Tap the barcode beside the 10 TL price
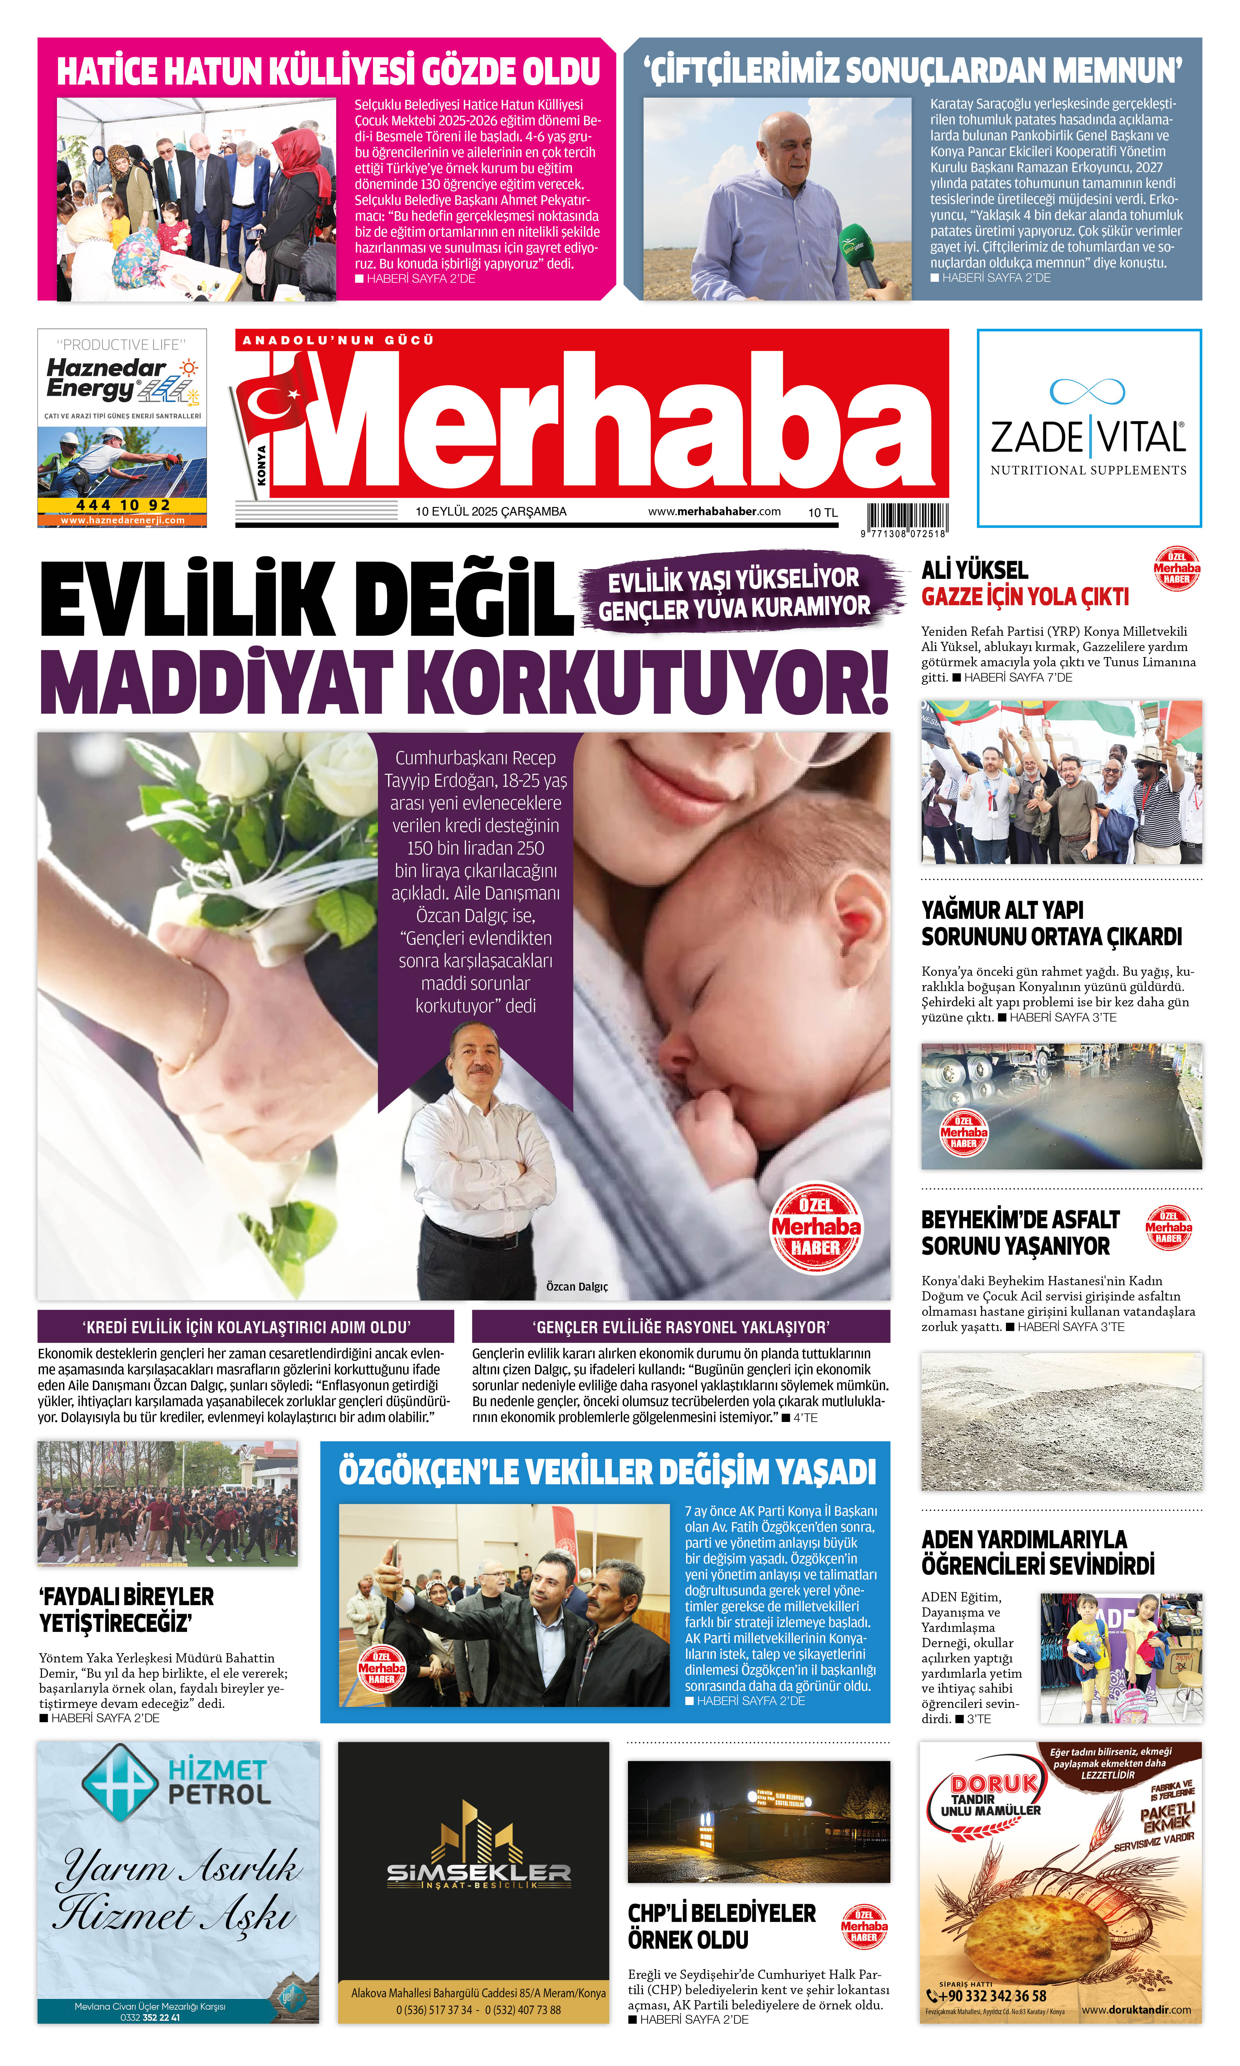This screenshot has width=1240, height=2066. pyautogui.click(x=907, y=516)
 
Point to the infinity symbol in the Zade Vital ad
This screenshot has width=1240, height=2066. pyautogui.click(x=1087, y=391)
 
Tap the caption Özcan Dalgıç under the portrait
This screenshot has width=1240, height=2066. pyautogui.click(x=576, y=1286)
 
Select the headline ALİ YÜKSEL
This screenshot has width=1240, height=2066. pyautogui.click(x=974, y=571)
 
